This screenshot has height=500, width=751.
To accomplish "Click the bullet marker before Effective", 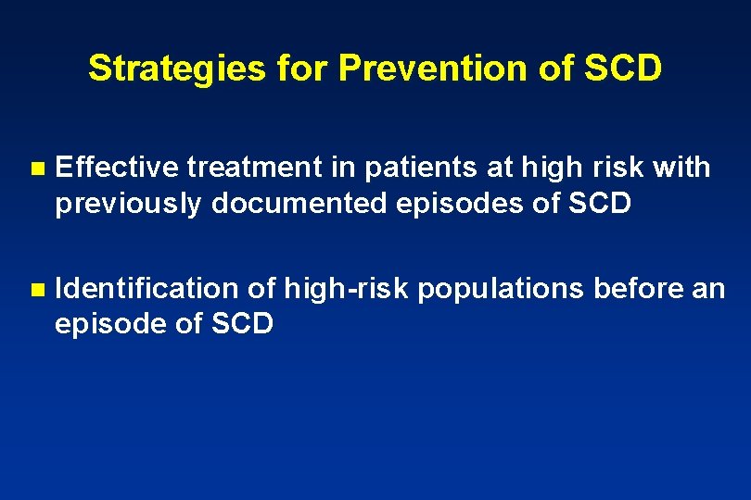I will [x=36, y=169].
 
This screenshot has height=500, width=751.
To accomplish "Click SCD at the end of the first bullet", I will [x=598, y=204].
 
